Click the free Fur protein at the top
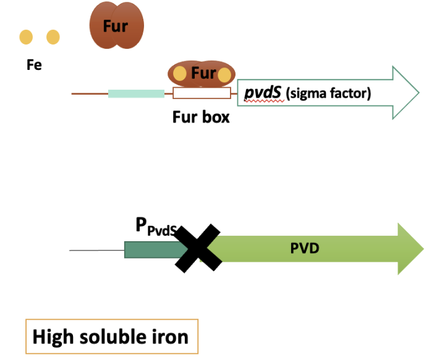pyautogui.click(x=116, y=26)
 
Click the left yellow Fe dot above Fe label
pyautogui.click(x=26, y=37)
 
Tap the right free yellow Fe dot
pyautogui.click(x=53, y=37)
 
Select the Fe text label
pyautogui.click(x=34, y=64)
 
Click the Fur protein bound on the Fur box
pyautogui.click(x=202, y=74)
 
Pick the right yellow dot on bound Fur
pyautogui.click(x=224, y=75)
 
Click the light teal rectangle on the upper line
pyautogui.click(x=136, y=94)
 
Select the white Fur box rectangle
pyautogui.click(x=202, y=94)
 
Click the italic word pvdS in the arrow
pyautogui.click(x=263, y=93)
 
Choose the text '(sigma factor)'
pyautogui.click(x=328, y=94)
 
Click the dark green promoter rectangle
pyautogui.click(x=151, y=249)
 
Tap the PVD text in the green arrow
pyautogui.click(x=304, y=249)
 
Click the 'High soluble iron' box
pyautogui.click(x=111, y=337)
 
